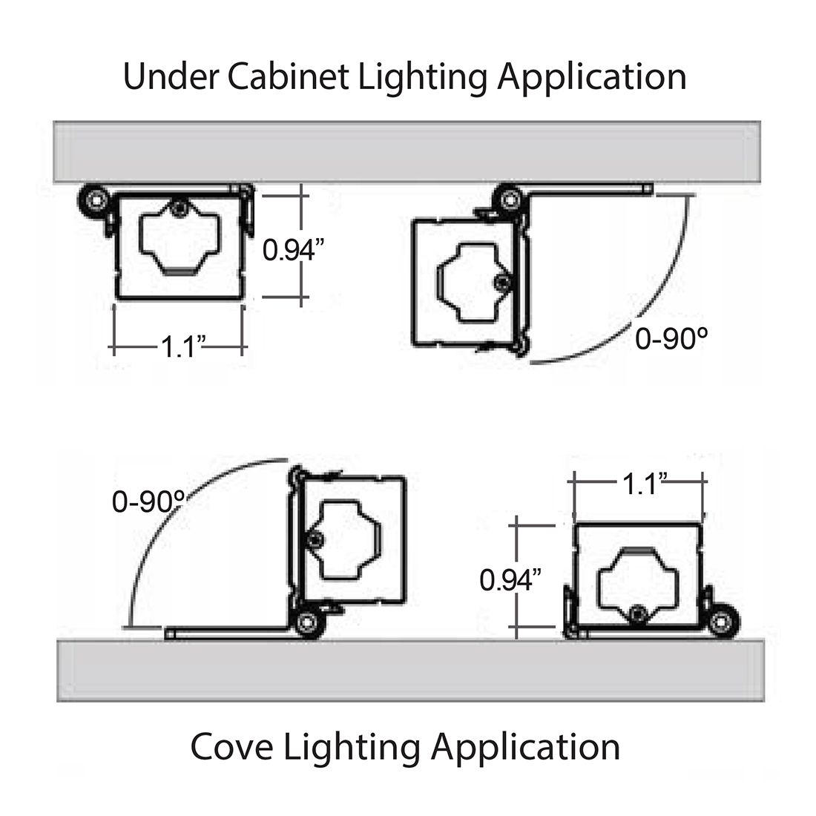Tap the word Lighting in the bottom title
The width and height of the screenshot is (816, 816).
[x=358, y=746]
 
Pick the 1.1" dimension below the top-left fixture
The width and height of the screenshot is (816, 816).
[x=179, y=346]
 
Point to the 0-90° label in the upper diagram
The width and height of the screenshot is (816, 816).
[x=671, y=339]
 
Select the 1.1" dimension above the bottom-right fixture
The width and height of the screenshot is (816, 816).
[x=641, y=484]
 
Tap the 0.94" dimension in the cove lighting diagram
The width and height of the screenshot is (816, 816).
[x=510, y=579]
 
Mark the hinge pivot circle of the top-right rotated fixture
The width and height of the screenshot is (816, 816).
[x=510, y=198]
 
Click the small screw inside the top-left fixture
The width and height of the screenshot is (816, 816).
[x=177, y=209]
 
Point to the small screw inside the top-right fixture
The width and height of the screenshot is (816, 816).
[x=502, y=283]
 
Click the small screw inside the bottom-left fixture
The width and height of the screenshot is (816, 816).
[x=315, y=539]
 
